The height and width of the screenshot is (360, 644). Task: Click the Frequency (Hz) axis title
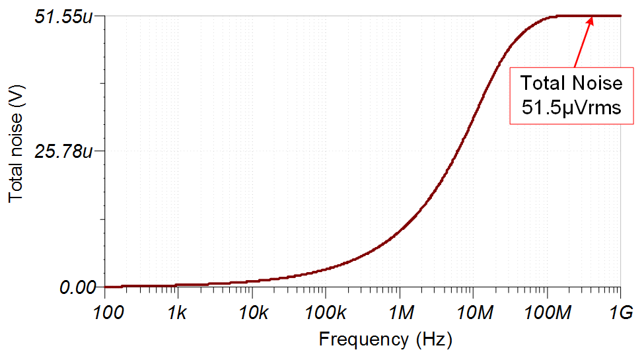[386, 340]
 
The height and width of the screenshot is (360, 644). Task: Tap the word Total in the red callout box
[543, 83]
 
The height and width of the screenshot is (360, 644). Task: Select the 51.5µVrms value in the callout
[572, 108]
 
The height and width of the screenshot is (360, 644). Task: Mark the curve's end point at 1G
[621, 16]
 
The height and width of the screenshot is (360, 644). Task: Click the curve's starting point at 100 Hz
[106, 287]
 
